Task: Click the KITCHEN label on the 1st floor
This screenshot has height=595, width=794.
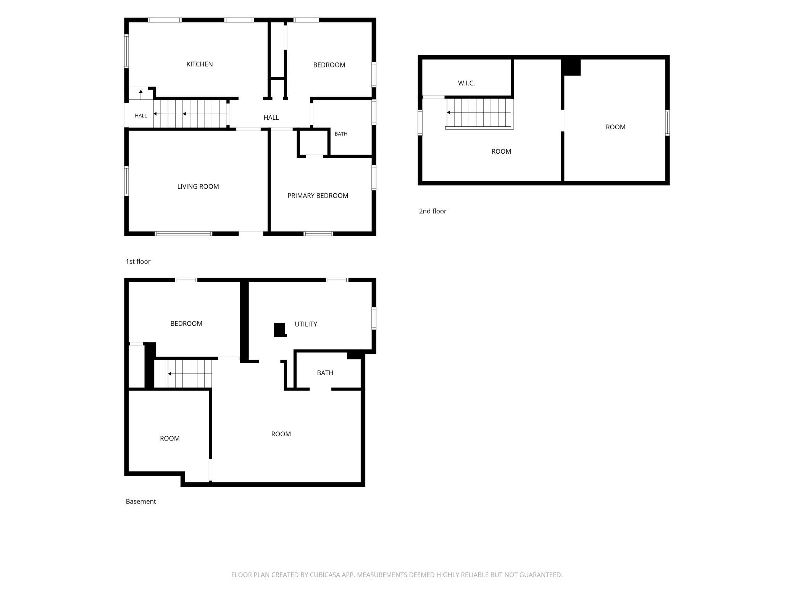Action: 199,64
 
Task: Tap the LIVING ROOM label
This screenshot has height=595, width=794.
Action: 198,187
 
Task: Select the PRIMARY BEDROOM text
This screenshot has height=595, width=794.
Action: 318,196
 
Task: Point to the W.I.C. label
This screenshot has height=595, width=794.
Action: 466,83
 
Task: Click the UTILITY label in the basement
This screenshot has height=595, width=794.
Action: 306,324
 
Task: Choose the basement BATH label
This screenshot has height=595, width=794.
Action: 325,373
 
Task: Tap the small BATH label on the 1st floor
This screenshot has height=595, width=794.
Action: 341,134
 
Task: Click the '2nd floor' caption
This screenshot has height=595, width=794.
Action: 433,211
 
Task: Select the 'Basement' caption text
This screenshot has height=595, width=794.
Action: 141,502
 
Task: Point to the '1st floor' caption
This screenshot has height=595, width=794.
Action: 138,261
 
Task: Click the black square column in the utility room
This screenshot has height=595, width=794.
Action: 280,330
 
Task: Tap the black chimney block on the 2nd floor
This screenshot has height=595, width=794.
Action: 571,67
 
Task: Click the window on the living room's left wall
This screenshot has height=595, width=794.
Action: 126,181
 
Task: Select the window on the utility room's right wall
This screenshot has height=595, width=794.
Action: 374,318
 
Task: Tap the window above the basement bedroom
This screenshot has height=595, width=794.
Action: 186,280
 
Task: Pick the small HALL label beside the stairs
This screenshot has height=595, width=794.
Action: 141,116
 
